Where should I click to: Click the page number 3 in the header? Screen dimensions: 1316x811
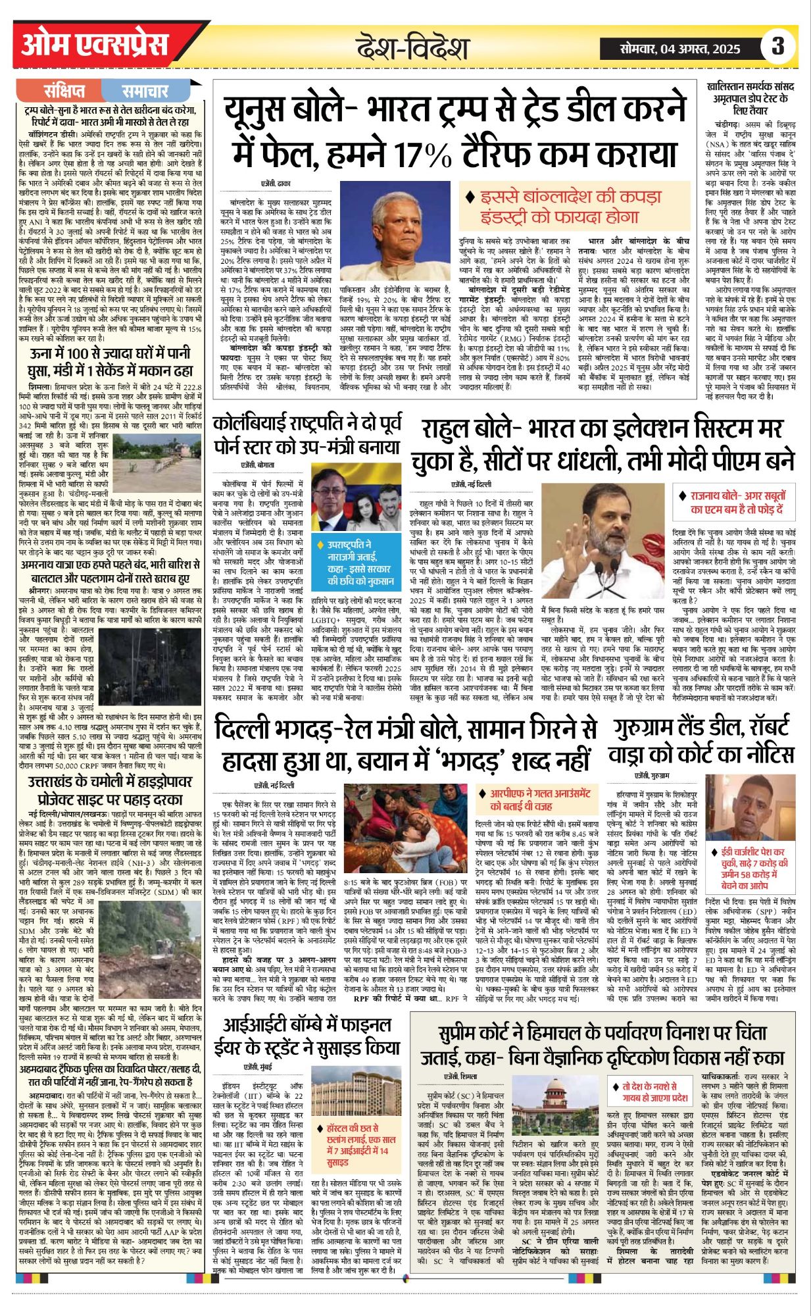[x=778, y=47]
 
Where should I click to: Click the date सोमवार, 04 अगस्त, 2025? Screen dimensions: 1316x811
[x=680, y=48]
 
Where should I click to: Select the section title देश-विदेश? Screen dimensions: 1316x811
[x=412, y=48]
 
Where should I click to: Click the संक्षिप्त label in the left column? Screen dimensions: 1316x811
[x=64, y=91]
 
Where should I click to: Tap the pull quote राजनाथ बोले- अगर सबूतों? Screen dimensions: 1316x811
[x=737, y=502]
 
